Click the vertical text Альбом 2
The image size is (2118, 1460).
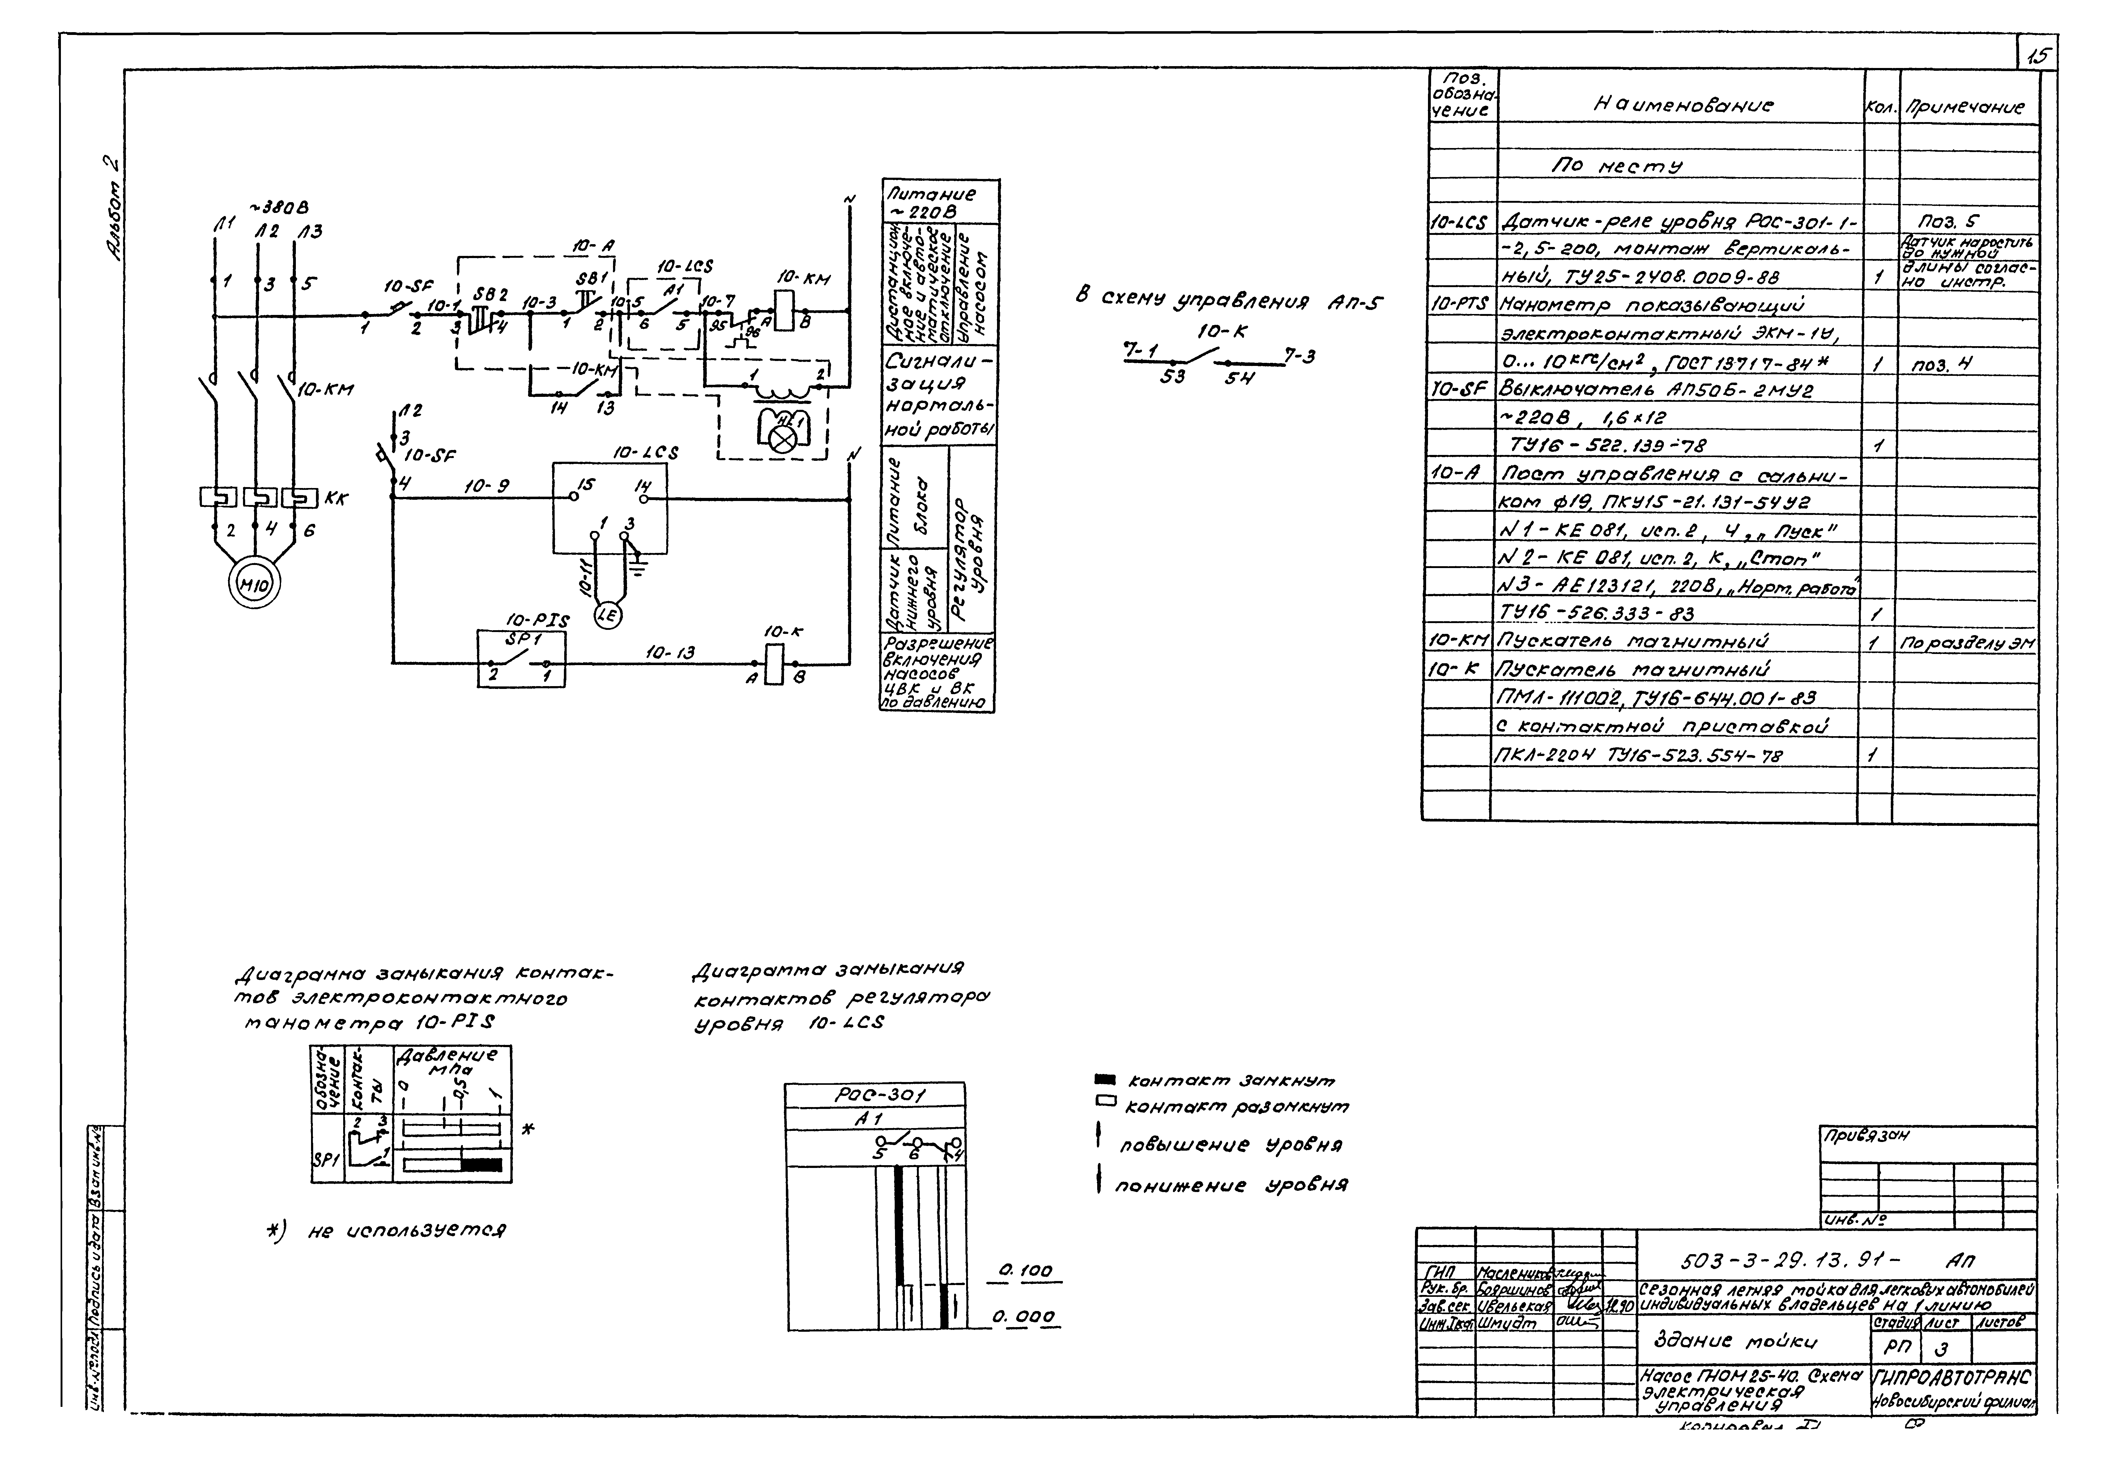(113, 210)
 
